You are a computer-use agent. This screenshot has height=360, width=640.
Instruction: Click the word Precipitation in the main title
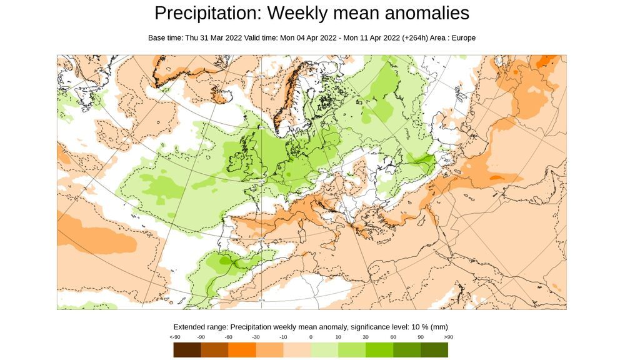pyautogui.click(x=205, y=13)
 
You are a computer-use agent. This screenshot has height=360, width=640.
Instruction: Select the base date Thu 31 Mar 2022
pyautogui.click(x=214, y=38)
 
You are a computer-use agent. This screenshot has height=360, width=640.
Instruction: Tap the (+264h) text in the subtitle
pyautogui.click(x=414, y=38)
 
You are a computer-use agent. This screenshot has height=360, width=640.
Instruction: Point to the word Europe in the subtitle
pyautogui.click(x=463, y=38)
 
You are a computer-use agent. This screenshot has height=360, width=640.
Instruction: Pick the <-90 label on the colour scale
pyautogui.click(x=175, y=337)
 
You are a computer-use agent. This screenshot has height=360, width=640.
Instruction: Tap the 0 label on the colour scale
pyautogui.click(x=311, y=337)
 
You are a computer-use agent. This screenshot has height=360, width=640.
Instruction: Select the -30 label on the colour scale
pyautogui.click(x=256, y=337)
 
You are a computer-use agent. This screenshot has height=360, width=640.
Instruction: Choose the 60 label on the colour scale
pyautogui.click(x=393, y=337)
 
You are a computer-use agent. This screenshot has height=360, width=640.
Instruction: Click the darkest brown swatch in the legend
pyautogui.click(x=187, y=350)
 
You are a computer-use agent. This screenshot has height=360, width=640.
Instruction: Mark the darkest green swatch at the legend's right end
pyautogui.click(x=434, y=350)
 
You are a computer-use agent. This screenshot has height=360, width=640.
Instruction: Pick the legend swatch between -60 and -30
pyautogui.click(x=242, y=350)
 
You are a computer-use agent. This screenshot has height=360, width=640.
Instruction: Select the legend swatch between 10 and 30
pyautogui.click(x=352, y=350)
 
